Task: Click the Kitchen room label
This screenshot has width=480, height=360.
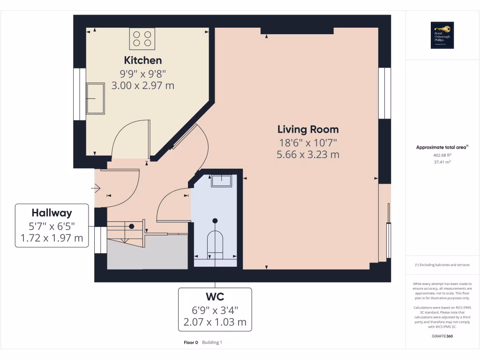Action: pos(143,60)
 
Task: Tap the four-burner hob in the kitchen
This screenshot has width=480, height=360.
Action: pos(142,38)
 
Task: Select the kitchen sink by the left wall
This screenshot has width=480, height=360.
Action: pos(96,98)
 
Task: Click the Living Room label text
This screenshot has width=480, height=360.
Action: pos(308,129)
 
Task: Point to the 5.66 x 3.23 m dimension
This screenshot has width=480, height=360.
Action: pos(308,154)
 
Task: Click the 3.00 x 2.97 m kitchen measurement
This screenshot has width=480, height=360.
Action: pos(143,85)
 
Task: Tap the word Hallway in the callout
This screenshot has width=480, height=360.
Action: pos(52,213)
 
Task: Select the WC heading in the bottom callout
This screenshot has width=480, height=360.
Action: pos(215,297)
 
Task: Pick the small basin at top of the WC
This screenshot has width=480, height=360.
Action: pos(221,181)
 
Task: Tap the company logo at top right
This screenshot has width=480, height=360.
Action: pos(442,35)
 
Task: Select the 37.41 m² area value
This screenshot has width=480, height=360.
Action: pos(442,162)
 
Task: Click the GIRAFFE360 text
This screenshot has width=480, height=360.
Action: pos(442,336)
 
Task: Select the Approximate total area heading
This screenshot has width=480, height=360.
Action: pos(442,147)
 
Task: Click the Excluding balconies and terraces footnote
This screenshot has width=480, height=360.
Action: pos(442,265)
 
